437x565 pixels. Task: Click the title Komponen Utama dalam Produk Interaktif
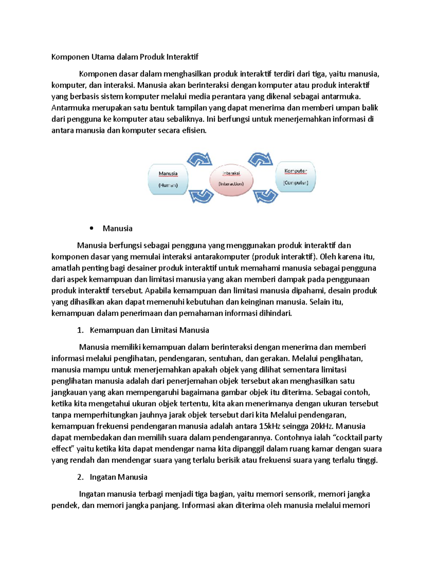pos(125,57)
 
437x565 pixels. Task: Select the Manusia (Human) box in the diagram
pos(168,179)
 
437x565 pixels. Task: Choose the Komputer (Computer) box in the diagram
pos(295,177)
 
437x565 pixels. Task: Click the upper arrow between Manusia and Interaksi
pos(200,159)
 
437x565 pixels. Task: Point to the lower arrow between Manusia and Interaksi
pos(201,196)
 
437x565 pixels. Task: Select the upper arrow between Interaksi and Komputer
pos(261,159)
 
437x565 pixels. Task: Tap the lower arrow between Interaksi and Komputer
pos(265,196)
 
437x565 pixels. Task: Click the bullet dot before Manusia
pos(91,228)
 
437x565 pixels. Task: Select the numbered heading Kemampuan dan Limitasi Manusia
pos(149,330)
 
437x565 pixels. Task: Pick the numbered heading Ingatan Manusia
pos(118,477)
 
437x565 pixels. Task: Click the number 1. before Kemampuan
pos(80,330)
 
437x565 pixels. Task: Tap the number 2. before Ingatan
pos(80,477)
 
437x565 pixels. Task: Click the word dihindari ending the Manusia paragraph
pos(275,313)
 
